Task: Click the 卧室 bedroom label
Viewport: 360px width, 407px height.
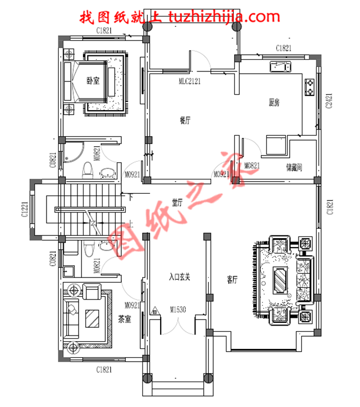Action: tap(92, 81)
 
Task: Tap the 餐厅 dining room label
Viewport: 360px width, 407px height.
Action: tap(185, 120)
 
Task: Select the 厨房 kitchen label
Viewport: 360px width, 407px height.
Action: tap(274, 102)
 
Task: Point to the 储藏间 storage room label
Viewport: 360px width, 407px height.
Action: tap(294, 167)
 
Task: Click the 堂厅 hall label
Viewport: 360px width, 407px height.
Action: tap(177, 203)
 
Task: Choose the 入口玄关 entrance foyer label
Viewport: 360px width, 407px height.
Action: tap(179, 277)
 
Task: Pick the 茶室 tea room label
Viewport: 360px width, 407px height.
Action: tap(125, 320)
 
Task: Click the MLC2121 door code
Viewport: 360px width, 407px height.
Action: tap(189, 81)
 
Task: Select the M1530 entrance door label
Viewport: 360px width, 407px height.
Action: tap(177, 308)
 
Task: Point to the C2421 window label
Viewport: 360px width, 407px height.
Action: tap(329, 102)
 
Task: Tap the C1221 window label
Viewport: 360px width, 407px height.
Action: tap(25, 210)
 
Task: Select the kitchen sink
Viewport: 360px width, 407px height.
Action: tap(280, 67)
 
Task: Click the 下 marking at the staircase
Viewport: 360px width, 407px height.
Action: tap(130, 197)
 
